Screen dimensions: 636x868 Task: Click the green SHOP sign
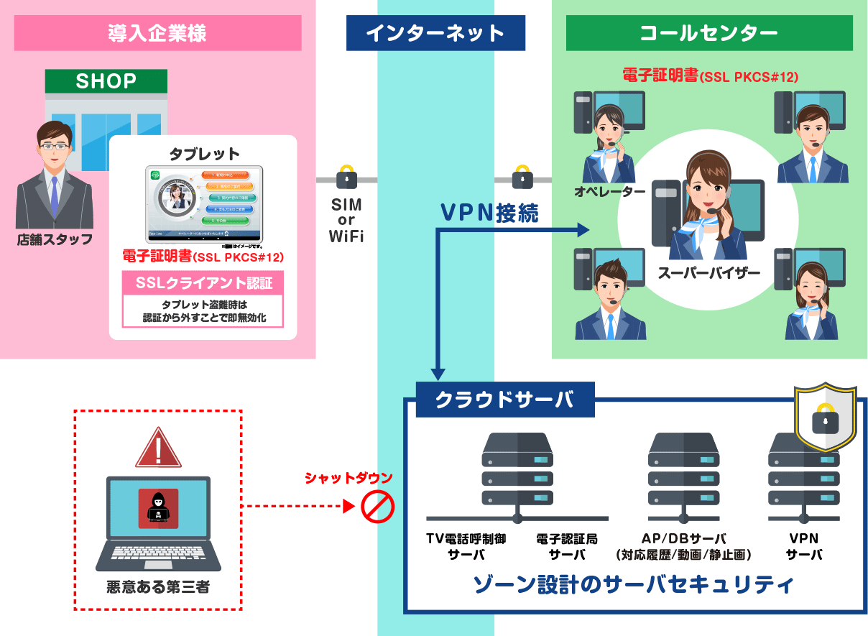[x=106, y=81]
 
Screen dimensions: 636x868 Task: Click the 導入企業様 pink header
[x=157, y=33]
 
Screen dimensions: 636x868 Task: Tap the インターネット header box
[x=435, y=33]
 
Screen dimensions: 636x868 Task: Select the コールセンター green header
[x=708, y=33]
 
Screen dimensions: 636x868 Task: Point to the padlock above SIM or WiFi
[x=346, y=177]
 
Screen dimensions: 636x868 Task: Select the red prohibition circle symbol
[x=377, y=507]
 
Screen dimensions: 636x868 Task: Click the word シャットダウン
[x=348, y=478]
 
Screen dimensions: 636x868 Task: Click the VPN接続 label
[x=489, y=213]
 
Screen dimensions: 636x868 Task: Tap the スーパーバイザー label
[x=708, y=273]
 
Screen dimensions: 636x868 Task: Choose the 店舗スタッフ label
[x=55, y=239]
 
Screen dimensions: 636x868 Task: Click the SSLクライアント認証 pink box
[x=203, y=282]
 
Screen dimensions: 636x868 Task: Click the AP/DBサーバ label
[x=683, y=538]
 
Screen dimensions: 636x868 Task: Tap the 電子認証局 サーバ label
[x=566, y=546]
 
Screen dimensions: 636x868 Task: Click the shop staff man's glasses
[x=55, y=147]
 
